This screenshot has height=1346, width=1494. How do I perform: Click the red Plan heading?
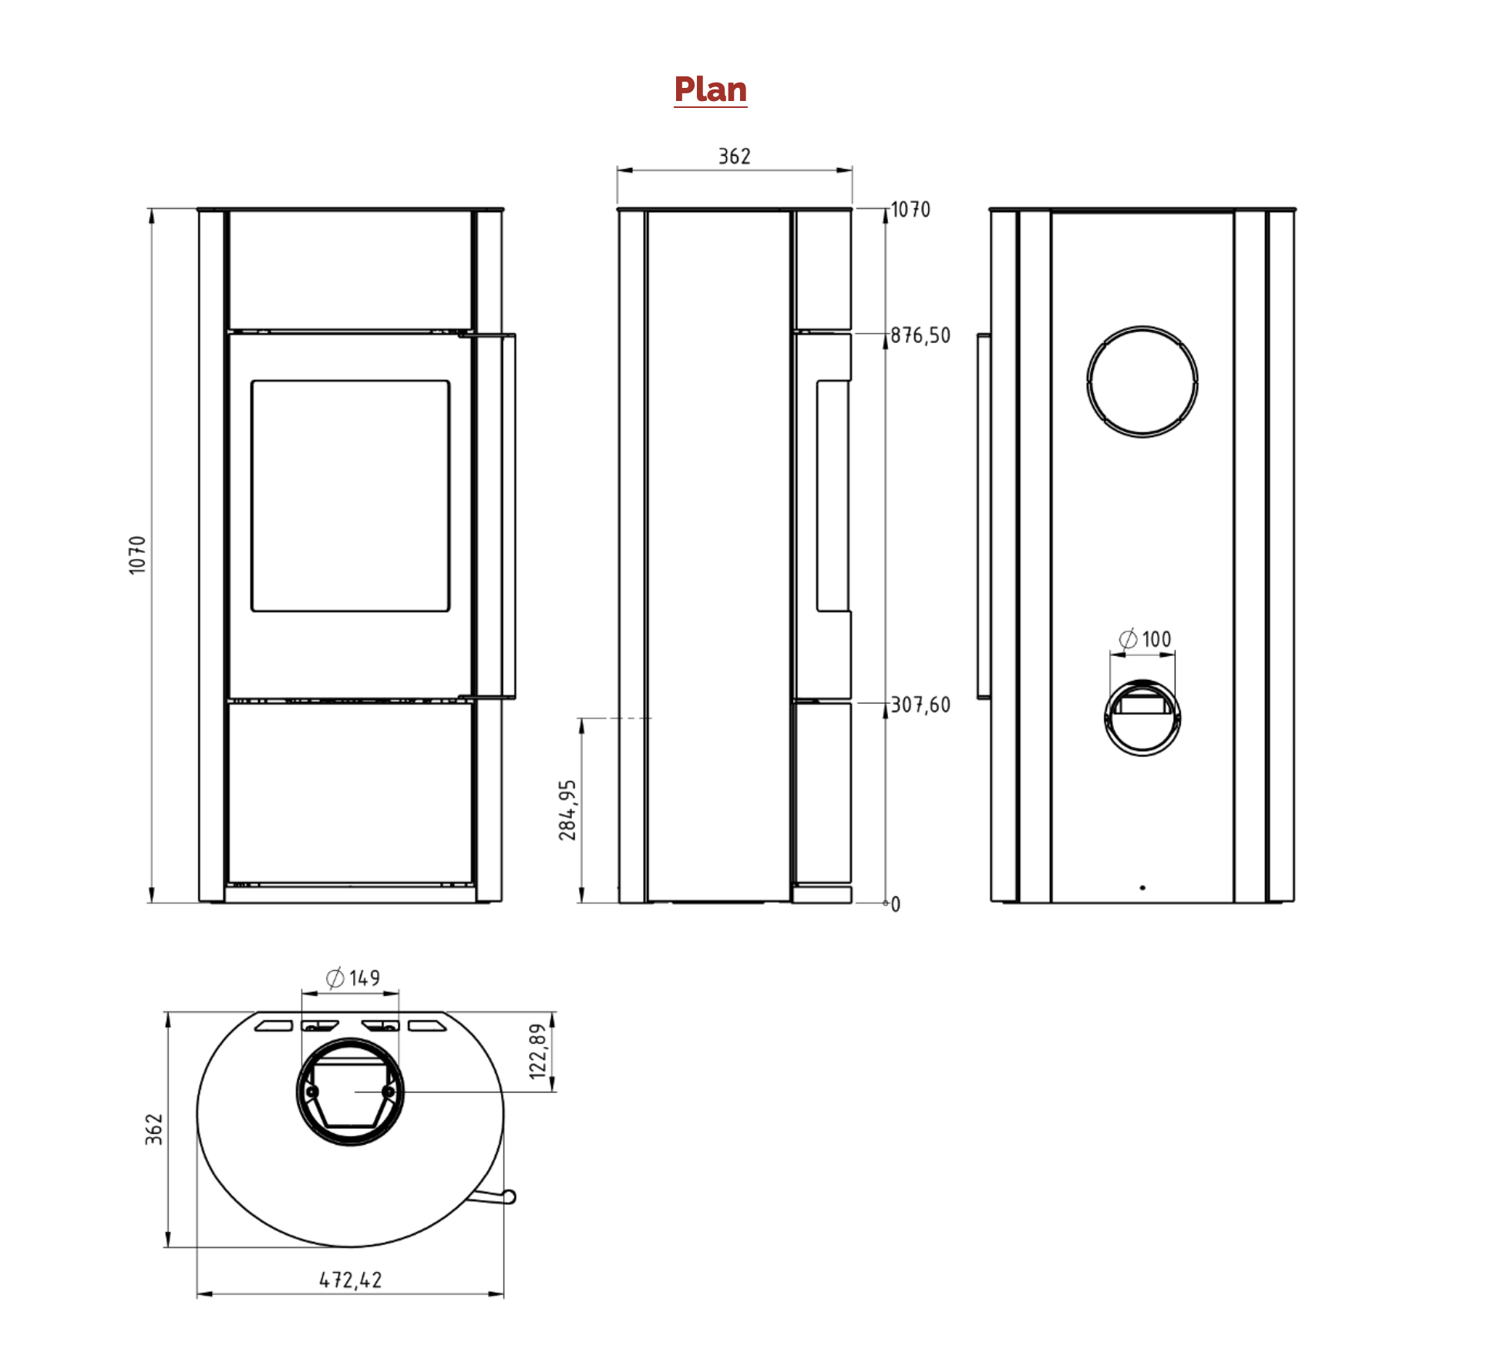click(x=710, y=89)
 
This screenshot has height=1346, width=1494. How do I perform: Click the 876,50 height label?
click(x=920, y=335)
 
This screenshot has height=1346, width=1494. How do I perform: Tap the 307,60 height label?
click(x=920, y=705)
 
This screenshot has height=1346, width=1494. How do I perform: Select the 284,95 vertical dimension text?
click(x=567, y=809)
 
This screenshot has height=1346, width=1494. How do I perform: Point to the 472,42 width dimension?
click(x=351, y=1280)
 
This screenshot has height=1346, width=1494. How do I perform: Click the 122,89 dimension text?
click(x=538, y=1051)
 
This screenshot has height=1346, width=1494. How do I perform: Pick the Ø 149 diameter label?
click(x=353, y=978)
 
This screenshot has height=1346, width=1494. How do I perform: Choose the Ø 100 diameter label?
click(x=1145, y=639)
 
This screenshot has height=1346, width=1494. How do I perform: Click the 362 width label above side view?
click(x=734, y=156)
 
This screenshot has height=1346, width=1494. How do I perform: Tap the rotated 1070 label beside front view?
click(x=137, y=554)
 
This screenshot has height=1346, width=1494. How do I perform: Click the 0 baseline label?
click(x=896, y=904)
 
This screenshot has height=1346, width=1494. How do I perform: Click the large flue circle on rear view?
click(x=1142, y=327)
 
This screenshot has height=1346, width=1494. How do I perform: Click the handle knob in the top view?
click(x=510, y=1196)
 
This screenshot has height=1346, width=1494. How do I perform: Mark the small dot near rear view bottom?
click(x=1142, y=888)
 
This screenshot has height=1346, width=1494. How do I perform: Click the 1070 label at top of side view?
click(x=910, y=210)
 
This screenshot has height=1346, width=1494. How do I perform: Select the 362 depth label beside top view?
click(x=154, y=1129)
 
